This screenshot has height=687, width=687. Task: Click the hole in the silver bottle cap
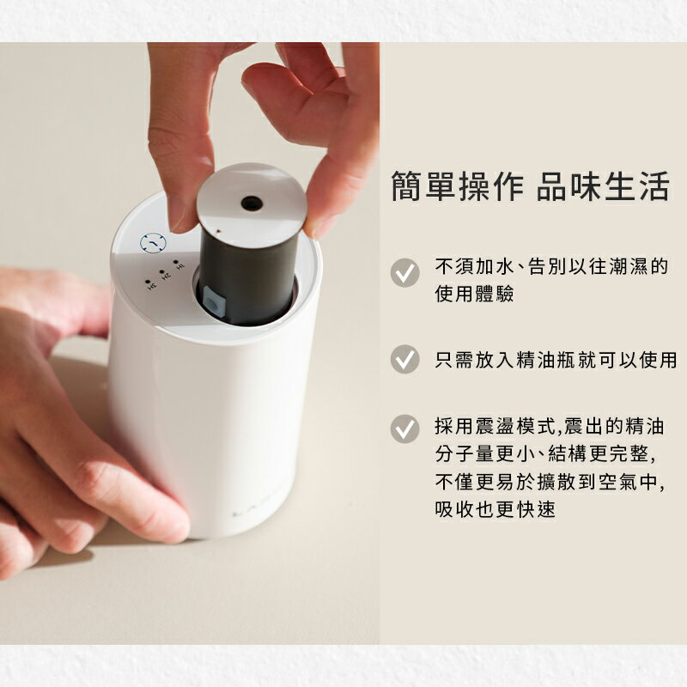point(251,203)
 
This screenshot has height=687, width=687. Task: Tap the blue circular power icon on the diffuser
point(152,244)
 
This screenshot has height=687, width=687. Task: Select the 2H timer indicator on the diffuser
point(164,272)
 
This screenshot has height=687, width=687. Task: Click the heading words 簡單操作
point(456,185)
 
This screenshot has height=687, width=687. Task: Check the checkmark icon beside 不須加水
point(404,272)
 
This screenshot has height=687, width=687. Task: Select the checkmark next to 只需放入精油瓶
point(404,359)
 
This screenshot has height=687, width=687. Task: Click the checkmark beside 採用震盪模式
point(404,429)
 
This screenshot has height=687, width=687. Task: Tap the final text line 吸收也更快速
point(495,509)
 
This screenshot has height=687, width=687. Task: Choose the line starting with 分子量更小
point(550,453)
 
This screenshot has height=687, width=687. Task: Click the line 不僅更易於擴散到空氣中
point(550,481)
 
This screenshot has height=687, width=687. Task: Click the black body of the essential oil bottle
point(249,275)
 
